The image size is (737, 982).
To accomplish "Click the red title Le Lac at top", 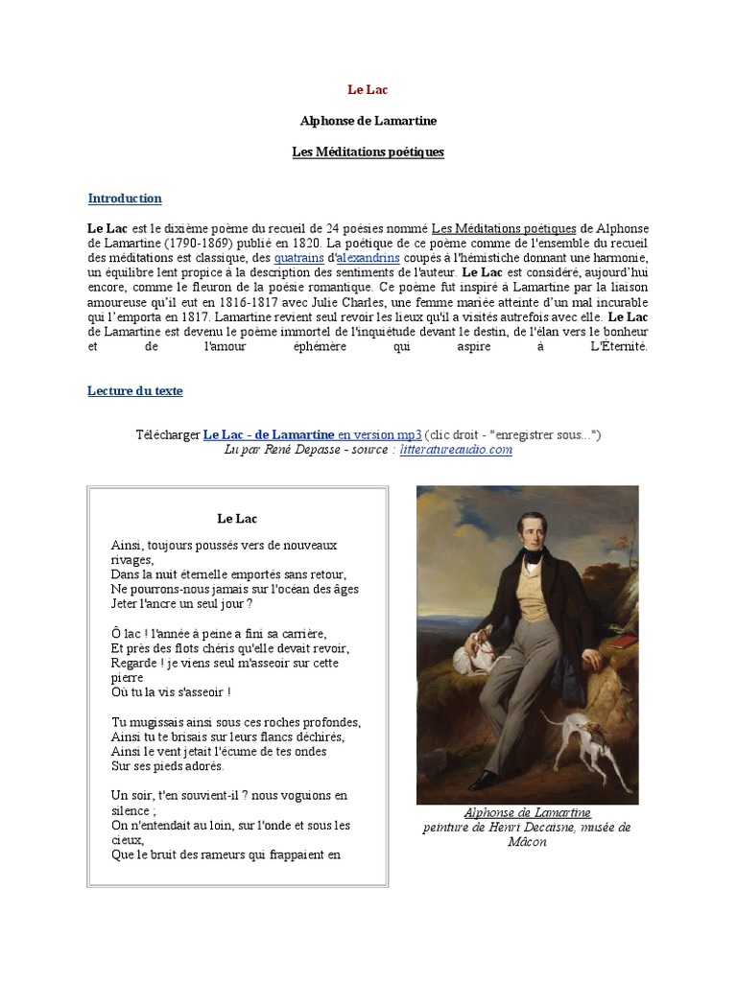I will pyautogui.click(x=368, y=90).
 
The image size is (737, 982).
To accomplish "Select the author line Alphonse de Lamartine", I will pyautogui.click(x=368, y=121).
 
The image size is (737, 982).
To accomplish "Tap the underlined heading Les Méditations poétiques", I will pyautogui.click(x=368, y=152).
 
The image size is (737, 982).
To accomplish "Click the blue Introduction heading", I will pyautogui.click(x=125, y=199).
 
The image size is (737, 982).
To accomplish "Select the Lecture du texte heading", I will pyautogui.click(x=134, y=391).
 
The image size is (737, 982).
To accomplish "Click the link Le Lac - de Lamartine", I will pyautogui.click(x=269, y=434).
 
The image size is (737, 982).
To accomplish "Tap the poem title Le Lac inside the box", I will pyautogui.click(x=237, y=519).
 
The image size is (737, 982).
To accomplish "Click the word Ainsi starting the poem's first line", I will pyautogui.click(x=126, y=545).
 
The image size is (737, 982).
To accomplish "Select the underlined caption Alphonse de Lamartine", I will pyautogui.click(x=527, y=813).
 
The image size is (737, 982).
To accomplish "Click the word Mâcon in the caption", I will pyautogui.click(x=527, y=842).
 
